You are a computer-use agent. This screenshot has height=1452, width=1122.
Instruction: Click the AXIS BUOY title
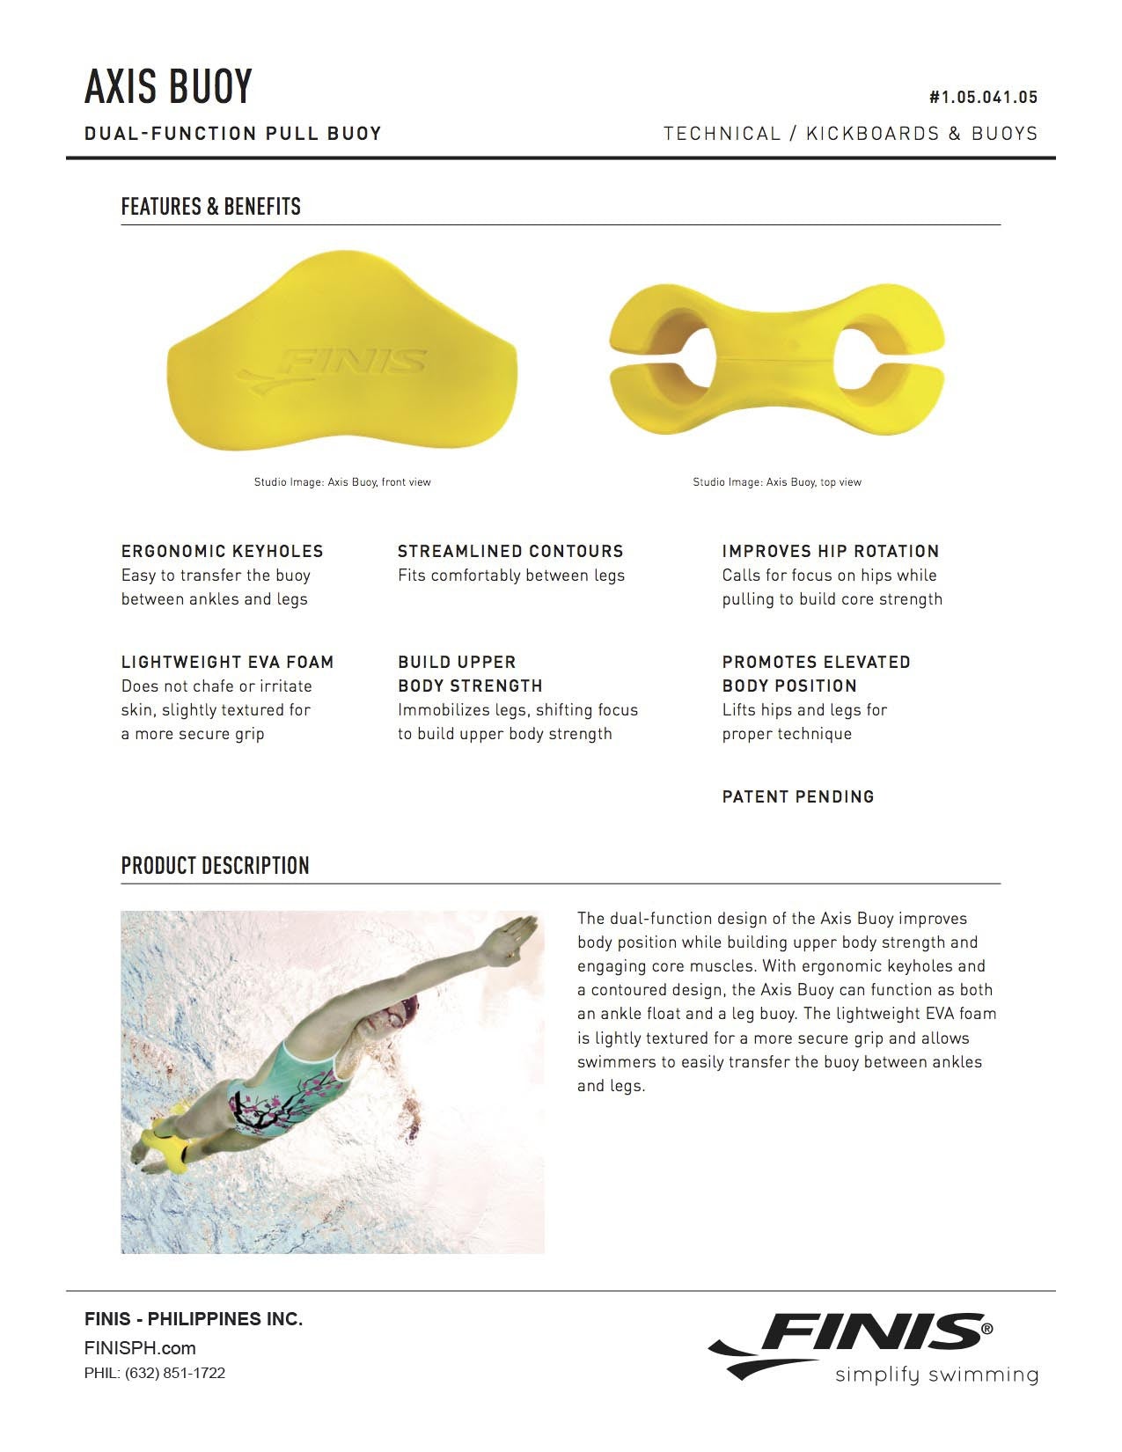[168, 86]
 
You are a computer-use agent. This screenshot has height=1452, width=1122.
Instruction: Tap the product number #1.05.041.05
[983, 98]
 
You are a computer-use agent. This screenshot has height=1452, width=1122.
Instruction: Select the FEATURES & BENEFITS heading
[210, 207]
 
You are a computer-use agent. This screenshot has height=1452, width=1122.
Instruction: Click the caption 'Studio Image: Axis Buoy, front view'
[342, 482]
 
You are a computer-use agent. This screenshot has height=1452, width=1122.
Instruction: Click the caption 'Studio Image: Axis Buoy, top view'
[777, 482]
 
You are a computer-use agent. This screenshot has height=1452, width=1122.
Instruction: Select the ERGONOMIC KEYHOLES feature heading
[222, 552]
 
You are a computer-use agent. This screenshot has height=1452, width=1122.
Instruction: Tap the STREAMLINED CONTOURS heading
[510, 552]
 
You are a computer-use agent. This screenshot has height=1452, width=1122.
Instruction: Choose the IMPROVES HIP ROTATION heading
[830, 552]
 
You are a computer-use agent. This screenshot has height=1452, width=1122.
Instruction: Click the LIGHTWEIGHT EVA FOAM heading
[227, 663]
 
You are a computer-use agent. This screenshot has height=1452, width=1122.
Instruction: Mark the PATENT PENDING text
[798, 797]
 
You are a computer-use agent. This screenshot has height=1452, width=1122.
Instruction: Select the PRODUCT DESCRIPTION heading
[215, 866]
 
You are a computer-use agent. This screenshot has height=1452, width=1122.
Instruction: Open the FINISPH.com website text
[140, 1348]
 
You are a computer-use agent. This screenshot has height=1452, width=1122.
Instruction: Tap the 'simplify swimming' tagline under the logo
[936, 1375]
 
